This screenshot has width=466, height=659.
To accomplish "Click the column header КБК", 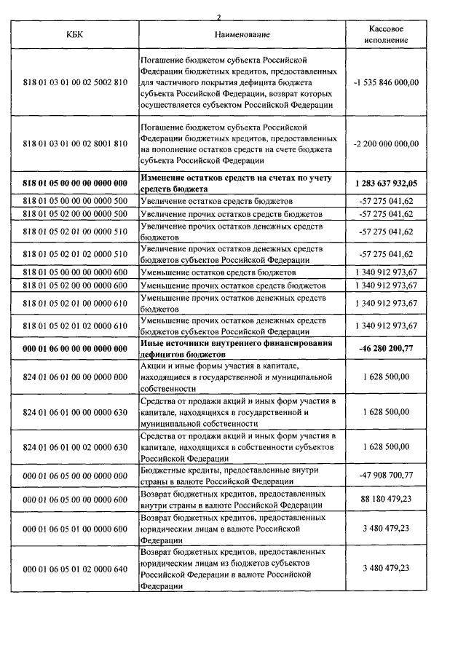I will coord(75,34).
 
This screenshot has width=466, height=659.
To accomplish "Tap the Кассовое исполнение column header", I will coord(386,33).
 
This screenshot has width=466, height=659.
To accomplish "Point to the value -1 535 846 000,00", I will coord(386,82).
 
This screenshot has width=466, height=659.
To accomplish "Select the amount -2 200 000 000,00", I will coord(386,144).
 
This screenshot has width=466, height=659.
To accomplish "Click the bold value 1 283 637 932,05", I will coord(386,180).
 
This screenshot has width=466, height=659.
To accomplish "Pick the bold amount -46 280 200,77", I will coord(386,348).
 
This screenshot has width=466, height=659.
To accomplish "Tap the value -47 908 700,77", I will coord(386,474).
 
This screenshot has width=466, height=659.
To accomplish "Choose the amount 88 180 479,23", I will coord(386,499).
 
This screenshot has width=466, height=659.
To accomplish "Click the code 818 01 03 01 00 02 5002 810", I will coord(75,82).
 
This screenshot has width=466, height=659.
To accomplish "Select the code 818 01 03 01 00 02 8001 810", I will coord(75,144).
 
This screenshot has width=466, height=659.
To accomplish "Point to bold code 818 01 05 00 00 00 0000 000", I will coord(75,180).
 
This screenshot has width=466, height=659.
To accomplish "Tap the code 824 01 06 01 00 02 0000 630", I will coord(75,446).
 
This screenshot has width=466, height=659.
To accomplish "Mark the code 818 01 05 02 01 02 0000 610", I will coord(75,325).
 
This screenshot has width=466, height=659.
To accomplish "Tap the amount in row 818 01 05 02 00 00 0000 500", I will coord(386,214).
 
